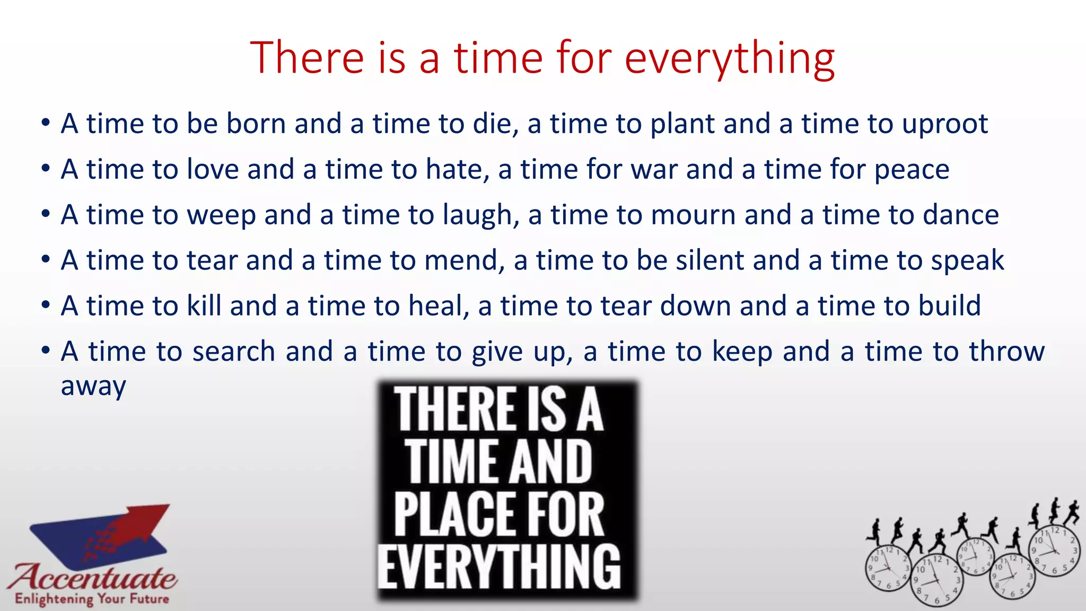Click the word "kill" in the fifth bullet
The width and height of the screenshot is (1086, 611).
click(204, 306)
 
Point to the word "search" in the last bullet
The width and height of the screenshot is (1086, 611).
click(233, 352)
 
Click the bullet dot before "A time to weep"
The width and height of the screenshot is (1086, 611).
click(46, 215)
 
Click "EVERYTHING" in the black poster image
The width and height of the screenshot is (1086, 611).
click(499, 566)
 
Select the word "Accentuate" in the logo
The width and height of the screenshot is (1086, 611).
click(92, 577)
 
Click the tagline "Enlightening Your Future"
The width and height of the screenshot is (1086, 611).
click(92, 599)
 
